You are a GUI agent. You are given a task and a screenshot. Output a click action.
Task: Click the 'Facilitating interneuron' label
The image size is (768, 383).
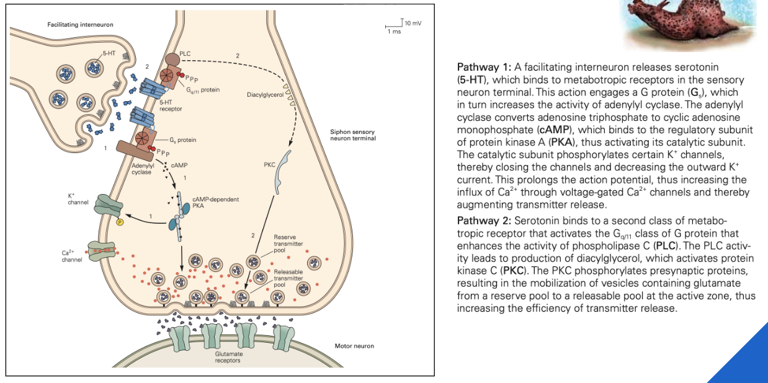[81, 24]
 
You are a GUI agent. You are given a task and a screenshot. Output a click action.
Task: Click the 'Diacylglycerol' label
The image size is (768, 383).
[265, 95]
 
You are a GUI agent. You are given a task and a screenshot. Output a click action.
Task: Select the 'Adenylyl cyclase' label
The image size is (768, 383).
[141, 169]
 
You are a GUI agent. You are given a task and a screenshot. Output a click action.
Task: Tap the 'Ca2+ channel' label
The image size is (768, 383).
[72, 256]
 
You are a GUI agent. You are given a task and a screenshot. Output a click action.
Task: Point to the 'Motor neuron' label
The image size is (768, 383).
[354, 346]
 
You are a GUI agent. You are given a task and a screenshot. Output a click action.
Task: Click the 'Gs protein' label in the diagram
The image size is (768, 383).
[182, 140]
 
